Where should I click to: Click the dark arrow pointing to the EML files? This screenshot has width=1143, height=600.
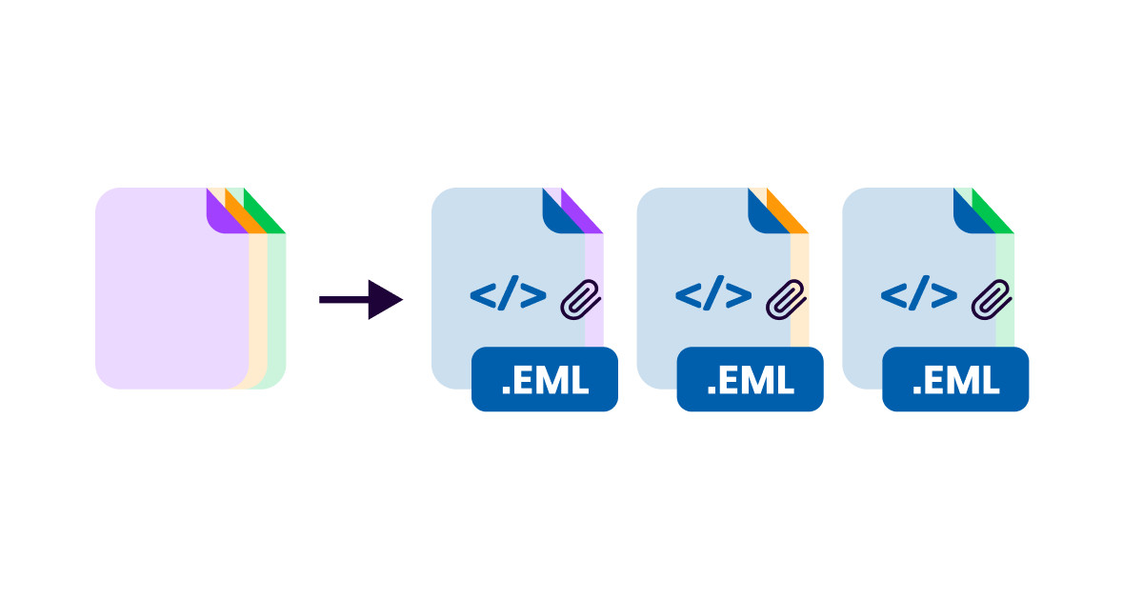363,300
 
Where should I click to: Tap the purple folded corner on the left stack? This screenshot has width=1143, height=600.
218,214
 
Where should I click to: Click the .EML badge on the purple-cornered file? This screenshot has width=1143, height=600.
545,380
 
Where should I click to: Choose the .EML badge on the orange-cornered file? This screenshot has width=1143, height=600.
750,380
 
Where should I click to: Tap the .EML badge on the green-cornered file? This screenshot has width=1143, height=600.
955,380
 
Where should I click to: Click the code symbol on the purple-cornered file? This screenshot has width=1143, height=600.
508,296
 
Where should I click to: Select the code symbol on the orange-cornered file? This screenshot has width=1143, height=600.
713,296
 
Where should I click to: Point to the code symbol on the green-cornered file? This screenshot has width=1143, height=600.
918,296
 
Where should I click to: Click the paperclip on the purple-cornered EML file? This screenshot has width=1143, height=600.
581,299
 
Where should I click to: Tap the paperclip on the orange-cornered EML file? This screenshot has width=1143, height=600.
787,299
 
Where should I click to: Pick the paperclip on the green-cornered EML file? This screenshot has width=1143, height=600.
992,299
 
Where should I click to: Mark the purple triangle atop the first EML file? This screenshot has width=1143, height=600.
583,214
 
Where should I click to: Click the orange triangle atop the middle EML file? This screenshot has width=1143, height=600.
789,214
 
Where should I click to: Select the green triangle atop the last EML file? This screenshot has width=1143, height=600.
993,214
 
